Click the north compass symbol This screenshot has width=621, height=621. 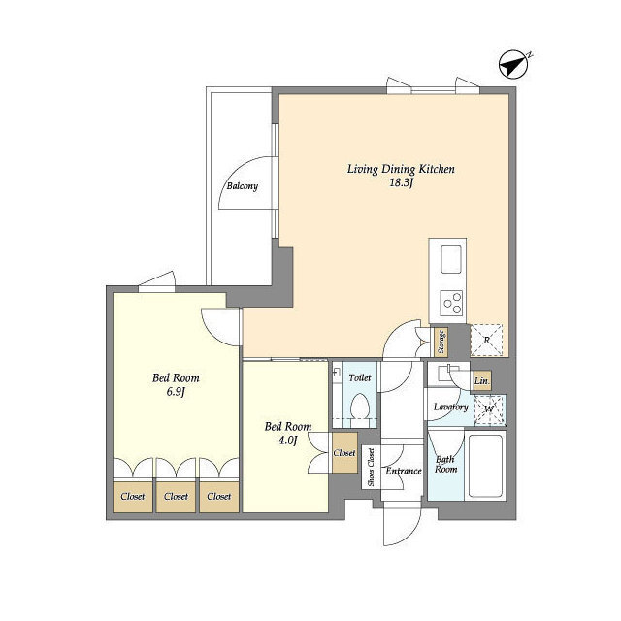(513, 64)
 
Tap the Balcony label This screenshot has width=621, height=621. (242, 186)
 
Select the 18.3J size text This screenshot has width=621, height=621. (401, 183)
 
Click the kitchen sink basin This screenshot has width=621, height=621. (451, 259)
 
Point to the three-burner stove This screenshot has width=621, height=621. (451, 303)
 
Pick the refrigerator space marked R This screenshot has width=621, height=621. (486, 341)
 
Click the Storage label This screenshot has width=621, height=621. (441, 343)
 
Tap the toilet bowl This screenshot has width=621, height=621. (360, 409)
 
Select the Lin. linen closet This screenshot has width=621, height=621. (481, 381)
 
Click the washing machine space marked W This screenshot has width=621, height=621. (489, 409)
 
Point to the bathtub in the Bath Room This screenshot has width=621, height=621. (485, 466)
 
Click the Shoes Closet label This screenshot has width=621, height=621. (371, 467)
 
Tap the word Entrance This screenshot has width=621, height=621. (404, 471)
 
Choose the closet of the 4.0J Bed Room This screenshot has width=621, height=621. (344, 453)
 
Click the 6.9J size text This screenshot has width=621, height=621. (176, 392)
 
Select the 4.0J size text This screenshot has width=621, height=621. (288, 441)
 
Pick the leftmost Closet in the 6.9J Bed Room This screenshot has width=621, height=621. (133, 497)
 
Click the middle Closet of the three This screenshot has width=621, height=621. (176, 497)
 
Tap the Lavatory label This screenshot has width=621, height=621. (450, 408)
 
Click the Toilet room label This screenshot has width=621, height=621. (360, 378)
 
